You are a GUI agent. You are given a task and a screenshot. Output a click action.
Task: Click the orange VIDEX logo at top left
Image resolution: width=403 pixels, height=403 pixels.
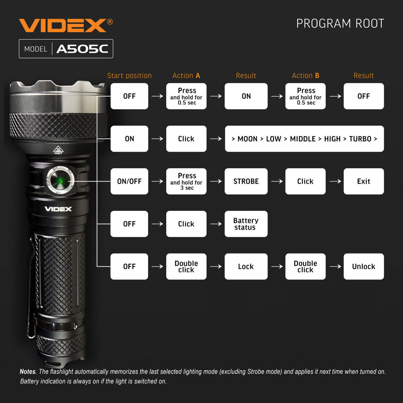(x=62, y=26)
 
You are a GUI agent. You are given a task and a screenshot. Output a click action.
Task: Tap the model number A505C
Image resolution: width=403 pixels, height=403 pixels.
(x=82, y=49)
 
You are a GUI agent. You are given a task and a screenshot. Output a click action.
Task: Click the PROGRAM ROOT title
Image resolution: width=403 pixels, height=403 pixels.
(x=340, y=24)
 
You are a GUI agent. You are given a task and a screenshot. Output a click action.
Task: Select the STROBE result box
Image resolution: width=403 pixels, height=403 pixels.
(x=246, y=181)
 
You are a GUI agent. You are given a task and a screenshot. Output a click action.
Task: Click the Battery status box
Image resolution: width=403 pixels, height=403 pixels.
(x=246, y=224)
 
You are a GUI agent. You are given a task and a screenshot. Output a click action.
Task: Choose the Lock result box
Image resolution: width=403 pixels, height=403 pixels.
(x=246, y=267)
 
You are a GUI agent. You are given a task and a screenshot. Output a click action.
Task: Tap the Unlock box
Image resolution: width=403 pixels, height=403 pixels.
(x=363, y=267)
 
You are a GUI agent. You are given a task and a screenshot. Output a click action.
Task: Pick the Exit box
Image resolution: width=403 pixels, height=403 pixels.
(x=363, y=181)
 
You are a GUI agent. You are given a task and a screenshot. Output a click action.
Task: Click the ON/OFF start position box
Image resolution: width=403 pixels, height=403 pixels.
(x=129, y=181)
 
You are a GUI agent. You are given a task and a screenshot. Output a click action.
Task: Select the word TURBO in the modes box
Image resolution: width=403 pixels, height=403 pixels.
(x=360, y=139)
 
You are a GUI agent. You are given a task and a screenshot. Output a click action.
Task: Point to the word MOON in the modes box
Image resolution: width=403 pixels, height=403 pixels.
(x=247, y=139)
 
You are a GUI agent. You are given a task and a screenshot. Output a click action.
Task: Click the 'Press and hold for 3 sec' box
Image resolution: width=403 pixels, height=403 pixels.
(x=186, y=181)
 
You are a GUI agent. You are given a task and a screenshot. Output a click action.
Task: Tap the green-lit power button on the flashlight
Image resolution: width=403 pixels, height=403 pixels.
(x=60, y=180)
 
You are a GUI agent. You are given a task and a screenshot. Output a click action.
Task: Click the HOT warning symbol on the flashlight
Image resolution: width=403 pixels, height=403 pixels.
(x=58, y=150)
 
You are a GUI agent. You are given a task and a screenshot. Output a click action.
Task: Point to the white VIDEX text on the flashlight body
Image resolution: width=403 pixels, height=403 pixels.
(x=58, y=209)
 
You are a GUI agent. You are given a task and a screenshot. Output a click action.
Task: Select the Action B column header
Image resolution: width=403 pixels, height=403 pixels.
(x=305, y=76)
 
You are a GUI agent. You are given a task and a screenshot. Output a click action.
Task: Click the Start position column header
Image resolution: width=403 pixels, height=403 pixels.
(x=129, y=76)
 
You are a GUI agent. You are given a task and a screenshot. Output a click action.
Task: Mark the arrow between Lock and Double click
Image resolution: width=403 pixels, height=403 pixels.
(x=277, y=267)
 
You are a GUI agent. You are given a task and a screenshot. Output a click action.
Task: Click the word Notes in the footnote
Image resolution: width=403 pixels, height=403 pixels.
(x=28, y=372)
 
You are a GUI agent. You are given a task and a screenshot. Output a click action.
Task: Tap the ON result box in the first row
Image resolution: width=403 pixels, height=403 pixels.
(x=246, y=96)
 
